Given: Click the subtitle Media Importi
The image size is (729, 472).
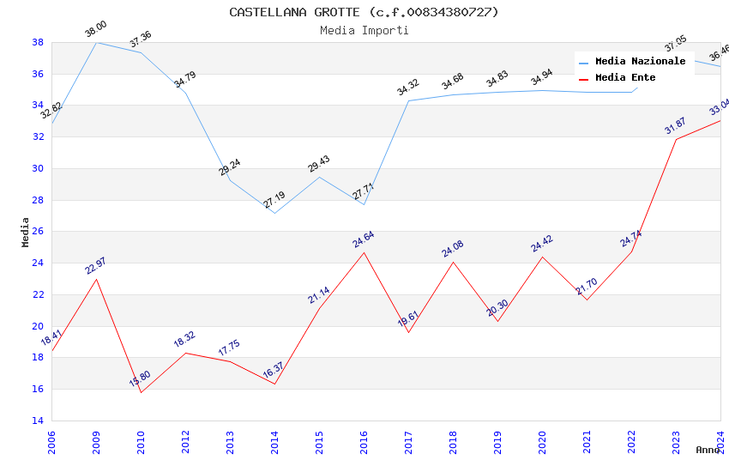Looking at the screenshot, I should tap(364, 30).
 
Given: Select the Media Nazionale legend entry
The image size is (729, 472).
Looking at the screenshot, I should tap(640, 62).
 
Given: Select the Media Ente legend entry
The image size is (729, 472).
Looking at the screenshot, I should tap(625, 77).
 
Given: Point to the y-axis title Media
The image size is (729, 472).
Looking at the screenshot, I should tap(26, 232).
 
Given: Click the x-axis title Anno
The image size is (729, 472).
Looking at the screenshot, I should tap(708, 450).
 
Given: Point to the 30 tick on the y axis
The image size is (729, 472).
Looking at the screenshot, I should tap(38, 168).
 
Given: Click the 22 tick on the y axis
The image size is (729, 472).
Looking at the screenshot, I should tap(38, 294).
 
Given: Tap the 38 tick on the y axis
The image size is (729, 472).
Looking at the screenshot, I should tap(38, 42).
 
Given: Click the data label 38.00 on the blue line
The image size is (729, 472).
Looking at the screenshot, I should tap(95, 31).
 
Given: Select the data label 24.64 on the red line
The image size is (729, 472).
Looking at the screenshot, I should tap(363, 239).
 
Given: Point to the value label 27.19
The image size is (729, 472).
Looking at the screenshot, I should tap(274, 200).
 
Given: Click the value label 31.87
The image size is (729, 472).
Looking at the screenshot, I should tap(676, 126).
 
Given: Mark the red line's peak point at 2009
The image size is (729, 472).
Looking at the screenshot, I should tap(96, 279).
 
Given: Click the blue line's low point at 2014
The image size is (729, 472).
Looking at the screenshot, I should tap(274, 213).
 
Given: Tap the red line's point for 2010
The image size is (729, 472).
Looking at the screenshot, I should tap(141, 392).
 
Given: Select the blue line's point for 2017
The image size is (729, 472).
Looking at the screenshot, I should tap(408, 100).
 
